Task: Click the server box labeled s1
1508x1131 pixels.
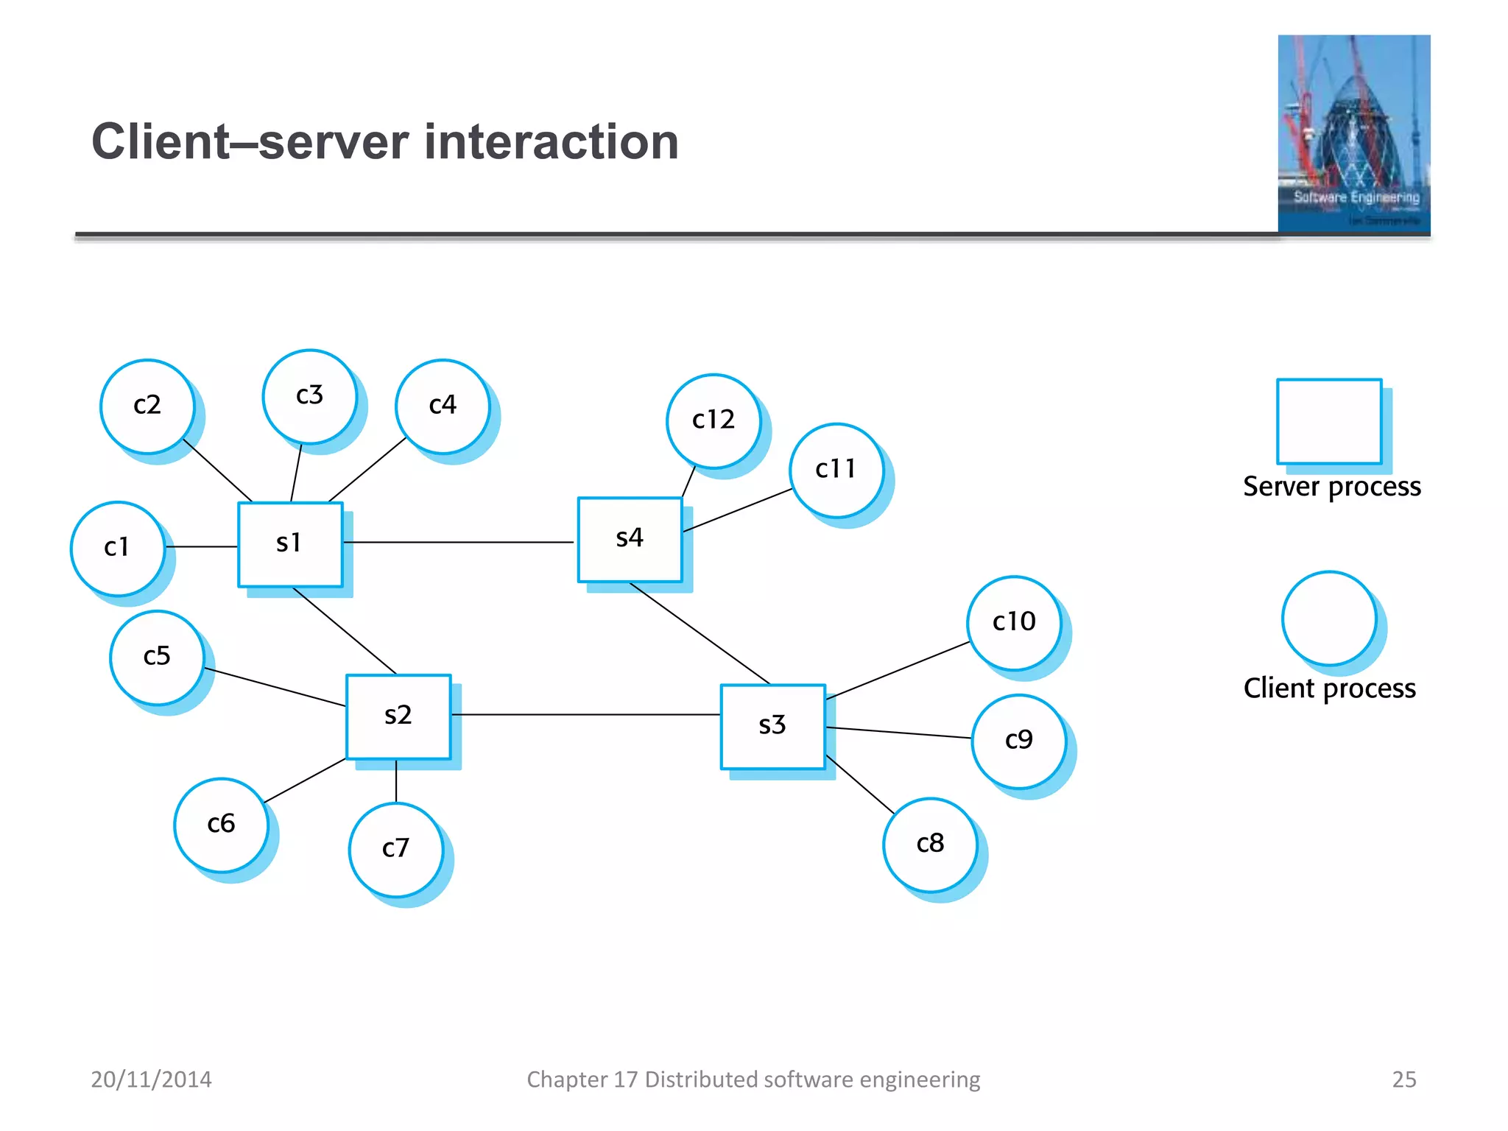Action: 290,544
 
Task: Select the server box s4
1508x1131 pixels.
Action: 630,539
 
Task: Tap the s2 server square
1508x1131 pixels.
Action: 398,716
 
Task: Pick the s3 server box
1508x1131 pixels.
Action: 772,726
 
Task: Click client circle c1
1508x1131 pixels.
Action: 118,549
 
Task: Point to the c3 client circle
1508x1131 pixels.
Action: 310,396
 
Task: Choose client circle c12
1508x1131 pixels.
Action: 714,420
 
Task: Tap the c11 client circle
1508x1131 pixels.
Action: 836,470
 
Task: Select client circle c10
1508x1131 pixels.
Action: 1014,623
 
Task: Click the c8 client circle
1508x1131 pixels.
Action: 930,845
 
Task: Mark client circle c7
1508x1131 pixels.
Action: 396,849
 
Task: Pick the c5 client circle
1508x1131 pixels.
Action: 157,657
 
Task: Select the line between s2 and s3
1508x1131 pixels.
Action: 585,714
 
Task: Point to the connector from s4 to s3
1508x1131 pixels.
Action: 700,633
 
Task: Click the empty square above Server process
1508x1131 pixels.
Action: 1329,421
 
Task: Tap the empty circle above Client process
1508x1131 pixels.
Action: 1329,619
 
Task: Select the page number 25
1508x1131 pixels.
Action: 1403,1079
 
